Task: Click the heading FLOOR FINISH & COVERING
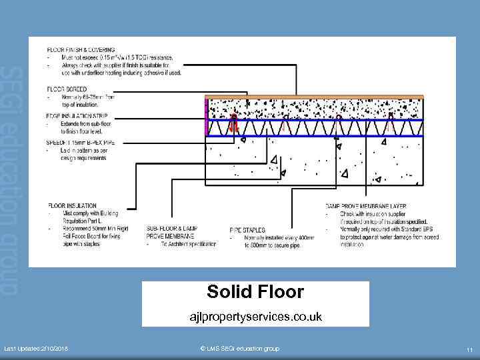click(81, 49)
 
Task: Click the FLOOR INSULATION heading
click(72, 205)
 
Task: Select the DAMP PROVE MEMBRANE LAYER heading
click(366, 205)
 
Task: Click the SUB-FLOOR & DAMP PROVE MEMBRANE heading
click(171, 232)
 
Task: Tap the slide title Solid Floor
click(255, 291)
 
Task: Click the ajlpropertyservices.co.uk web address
click(256, 317)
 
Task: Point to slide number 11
click(469, 350)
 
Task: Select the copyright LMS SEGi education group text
click(239, 349)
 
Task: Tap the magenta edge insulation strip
click(207, 117)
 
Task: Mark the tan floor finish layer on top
click(313, 97)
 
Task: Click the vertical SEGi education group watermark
click(13, 180)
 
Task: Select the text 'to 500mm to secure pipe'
click(267, 244)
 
